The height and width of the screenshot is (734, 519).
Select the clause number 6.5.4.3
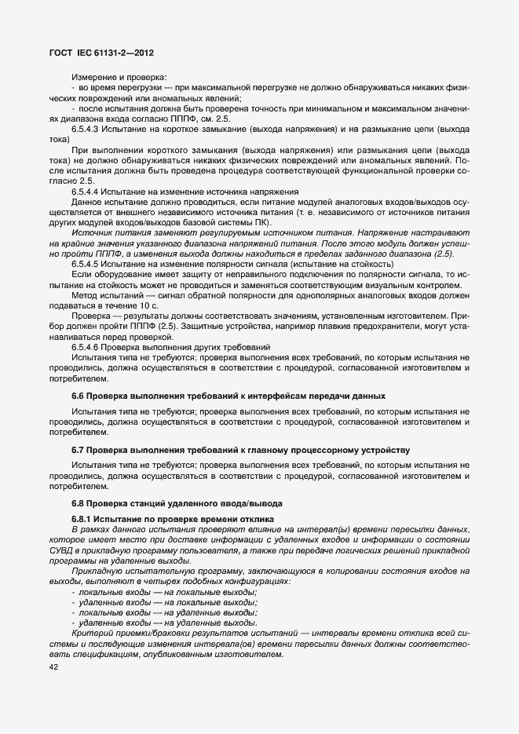click(x=87, y=128)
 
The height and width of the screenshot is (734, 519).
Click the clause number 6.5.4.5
click(x=87, y=264)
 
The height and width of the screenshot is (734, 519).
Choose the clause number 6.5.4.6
click(x=87, y=346)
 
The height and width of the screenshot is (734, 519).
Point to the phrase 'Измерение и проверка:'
click(x=119, y=76)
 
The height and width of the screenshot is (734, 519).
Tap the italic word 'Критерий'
click(x=92, y=632)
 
